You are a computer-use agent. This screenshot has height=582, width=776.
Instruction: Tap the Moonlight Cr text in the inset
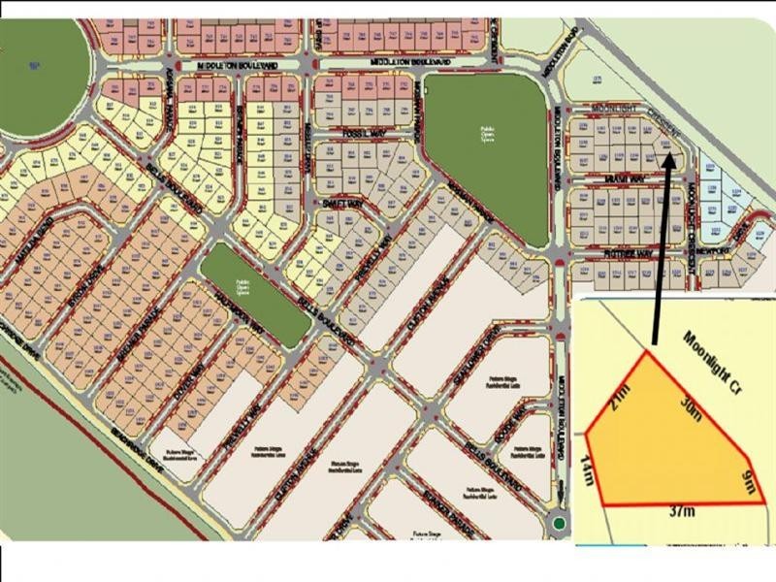712,361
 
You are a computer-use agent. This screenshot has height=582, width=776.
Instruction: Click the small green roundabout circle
559,525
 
